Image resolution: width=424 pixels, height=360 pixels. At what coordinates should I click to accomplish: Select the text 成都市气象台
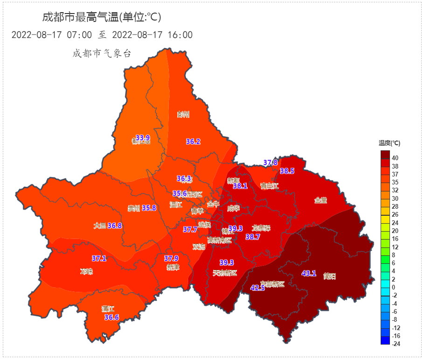pyautogui.click(x=102, y=53)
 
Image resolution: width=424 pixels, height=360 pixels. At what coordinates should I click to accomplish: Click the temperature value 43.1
pyautogui.click(x=309, y=274)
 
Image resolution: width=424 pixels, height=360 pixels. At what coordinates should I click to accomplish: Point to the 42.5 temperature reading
pyautogui.click(x=257, y=288)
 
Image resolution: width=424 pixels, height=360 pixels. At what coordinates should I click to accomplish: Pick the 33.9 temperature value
pyautogui.click(x=142, y=138)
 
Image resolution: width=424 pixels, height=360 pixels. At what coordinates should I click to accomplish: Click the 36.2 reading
pyautogui.click(x=193, y=141)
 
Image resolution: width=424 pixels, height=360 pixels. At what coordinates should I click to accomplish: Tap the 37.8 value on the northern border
pyautogui.click(x=271, y=163)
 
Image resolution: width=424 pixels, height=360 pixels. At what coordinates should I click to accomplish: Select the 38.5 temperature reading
pyautogui.click(x=287, y=171)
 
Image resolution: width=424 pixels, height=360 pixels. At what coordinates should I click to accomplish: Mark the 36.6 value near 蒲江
pyautogui.click(x=111, y=318)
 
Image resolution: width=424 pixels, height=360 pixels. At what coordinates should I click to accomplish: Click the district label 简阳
pyautogui.click(x=329, y=276)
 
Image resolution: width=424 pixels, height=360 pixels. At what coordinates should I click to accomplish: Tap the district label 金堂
pyautogui.click(x=320, y=200)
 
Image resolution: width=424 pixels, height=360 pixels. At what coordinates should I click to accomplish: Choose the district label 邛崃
pyautogui.click(x=86, y=271)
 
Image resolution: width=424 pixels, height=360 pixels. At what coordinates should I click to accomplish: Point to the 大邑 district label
pyautogui.click(x=100, y=226)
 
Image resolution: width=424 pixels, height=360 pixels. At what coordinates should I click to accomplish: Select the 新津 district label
pyautogui.click(x=173, y=267)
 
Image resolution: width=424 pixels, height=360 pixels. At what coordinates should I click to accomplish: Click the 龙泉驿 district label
pyautogui.click(x=261, y=228)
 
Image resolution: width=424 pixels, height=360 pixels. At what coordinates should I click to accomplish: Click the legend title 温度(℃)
pyautogui.click(x=389, y=143)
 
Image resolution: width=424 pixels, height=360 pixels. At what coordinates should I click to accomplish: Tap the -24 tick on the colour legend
pyautogui.click(x=396, y=344)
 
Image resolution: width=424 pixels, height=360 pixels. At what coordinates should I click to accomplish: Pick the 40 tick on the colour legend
pyautogui.click(x=395, y=158)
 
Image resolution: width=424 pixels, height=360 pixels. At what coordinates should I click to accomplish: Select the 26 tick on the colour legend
pyautogui.click(x=395, y=214)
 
